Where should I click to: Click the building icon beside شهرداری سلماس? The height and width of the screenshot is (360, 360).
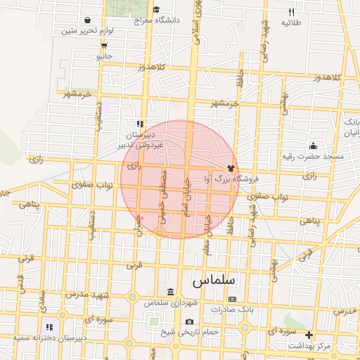[171, 292]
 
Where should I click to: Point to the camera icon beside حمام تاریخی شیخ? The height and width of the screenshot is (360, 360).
[189, 322]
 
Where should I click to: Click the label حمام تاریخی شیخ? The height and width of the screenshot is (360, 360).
[191, 331]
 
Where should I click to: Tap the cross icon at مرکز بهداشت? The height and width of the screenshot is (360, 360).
[308, 335]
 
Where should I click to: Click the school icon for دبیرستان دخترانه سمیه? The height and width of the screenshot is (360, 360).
[49, 326]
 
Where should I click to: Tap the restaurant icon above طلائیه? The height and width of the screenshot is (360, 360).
[292, 12]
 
